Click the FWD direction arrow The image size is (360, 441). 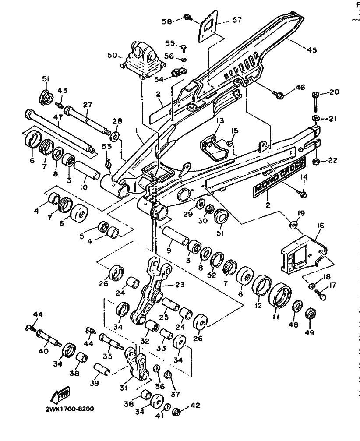pyautogui.click(x=60, y=395)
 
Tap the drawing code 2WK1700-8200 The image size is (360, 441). pyautogui.click(x=69, y=409)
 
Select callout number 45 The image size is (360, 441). pyautogui.click(x=311, y=50)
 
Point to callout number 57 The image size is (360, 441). pyautogui.click(x=237, y=20)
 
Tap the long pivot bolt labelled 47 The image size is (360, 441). pyautogui.click(x=59, y=132)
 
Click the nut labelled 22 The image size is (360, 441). pyautogui.click(x=316, y=162)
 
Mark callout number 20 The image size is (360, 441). pyautogui.click(x=334, y=92)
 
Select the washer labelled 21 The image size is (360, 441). pyautogui.click(x=315, y=119)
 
